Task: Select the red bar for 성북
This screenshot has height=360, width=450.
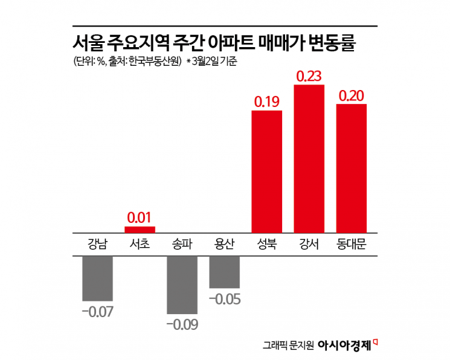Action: coord(266,171)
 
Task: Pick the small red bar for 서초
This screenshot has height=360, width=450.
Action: coord(140,230)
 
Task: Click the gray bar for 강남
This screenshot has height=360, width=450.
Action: coord(97,278)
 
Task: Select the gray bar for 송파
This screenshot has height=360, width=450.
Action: coord(182,284)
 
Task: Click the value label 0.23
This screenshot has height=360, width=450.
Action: coord(309,77)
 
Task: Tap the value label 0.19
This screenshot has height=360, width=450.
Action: coord(266,101)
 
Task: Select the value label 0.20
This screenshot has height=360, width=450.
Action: coord(351,95)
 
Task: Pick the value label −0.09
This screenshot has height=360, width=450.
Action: coord(182,324)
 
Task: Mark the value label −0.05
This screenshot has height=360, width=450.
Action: coord(224,298)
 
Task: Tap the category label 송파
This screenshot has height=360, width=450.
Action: coord(182,244)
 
